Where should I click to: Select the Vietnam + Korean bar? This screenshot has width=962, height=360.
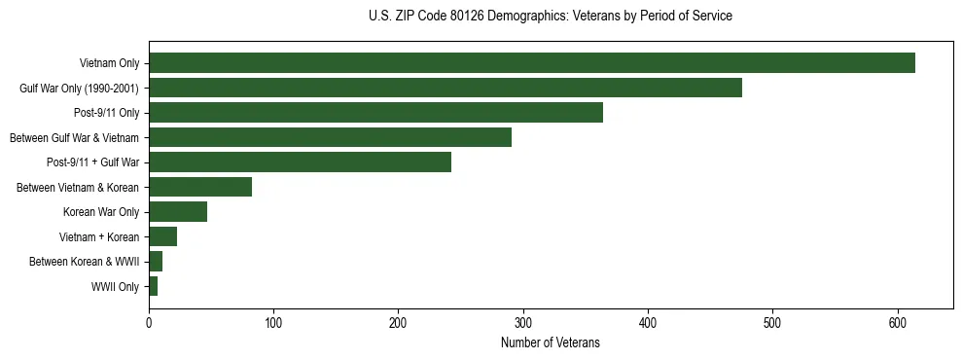[162, 236]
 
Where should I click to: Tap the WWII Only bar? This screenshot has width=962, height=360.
[153, 286]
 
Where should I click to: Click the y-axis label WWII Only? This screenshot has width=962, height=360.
[115, 287]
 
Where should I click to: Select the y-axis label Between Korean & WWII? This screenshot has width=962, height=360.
[84, 262]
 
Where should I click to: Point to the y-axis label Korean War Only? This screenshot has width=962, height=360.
[101, 212]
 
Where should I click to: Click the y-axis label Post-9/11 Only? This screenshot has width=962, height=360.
[106, 113]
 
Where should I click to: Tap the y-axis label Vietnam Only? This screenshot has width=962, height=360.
[109, 63]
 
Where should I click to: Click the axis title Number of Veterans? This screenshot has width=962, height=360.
[550, 342]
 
